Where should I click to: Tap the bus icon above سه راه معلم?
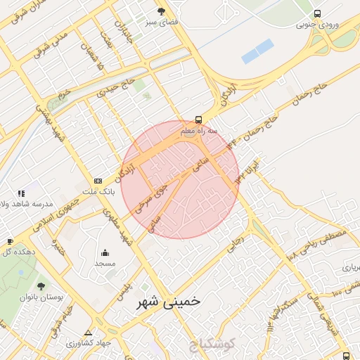pyautogui.click(x=199, y=120)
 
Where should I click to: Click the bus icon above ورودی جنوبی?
pyautogui.click(x=318, y=13)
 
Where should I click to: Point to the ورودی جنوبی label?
pyautogui.click(x=317, y=25)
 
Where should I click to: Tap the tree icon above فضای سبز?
pyautogui.click(x=162, y=11)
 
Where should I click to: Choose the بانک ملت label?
pyautogui.click(x=98, y=191)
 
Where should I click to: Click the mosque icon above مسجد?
pyautogui.click(x=105, y=252)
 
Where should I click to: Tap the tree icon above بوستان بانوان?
pyautogui.click(x=41, y=286)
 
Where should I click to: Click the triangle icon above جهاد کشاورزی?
pyautogui.click(x=88, y=333)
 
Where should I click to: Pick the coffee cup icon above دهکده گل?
pyautogui.click(x=9, y=241)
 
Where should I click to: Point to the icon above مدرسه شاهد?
pyautogui.click(x=22, y=193)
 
